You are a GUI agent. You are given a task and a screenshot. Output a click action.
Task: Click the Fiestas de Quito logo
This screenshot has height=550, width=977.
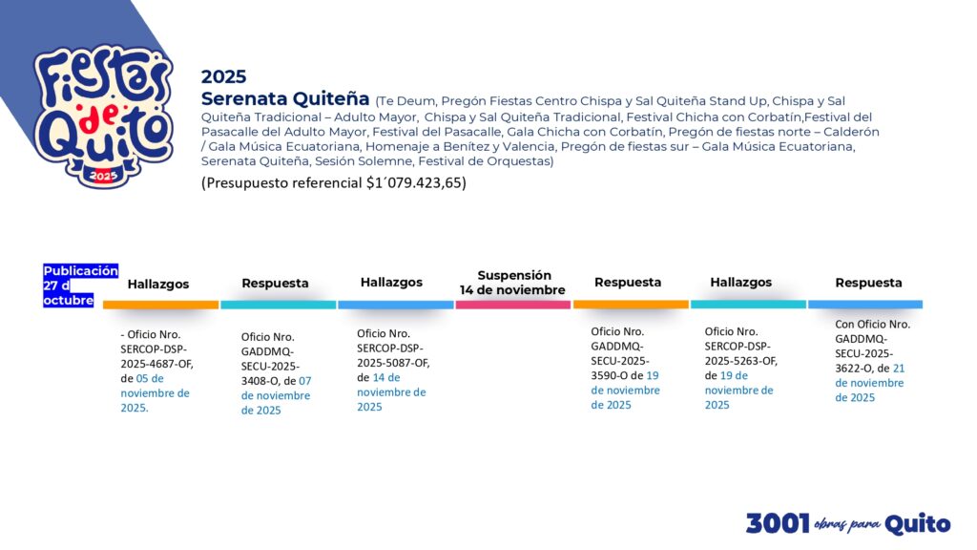(103, 116)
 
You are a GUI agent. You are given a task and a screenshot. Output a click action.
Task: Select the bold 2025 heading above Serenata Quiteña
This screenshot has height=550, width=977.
(223, 76)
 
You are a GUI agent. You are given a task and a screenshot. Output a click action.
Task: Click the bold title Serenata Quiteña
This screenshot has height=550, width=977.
(284, 98)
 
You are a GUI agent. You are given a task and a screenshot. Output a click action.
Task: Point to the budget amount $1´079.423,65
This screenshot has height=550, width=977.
(414, 182)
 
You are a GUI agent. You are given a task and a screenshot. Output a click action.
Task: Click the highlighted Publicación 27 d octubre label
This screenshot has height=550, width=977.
(80, 286)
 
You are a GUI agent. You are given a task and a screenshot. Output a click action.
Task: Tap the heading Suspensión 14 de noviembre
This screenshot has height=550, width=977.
(512, 283)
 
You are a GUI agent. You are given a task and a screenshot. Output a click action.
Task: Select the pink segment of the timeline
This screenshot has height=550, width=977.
(512, 305)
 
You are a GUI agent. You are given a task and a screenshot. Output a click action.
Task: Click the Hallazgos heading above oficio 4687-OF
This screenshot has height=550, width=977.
(158, 284)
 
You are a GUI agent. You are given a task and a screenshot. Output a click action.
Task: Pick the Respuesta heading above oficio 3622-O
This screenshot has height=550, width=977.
(868, 283)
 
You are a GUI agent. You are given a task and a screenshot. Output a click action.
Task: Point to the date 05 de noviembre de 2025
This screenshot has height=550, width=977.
(156, 392)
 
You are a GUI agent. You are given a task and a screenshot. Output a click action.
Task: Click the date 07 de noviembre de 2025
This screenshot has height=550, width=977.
(276, 395)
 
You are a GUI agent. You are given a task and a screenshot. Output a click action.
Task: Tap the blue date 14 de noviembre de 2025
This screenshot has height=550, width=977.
(391, 392)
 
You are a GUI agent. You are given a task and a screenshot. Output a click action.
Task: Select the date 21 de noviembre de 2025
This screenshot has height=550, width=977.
(870, 383)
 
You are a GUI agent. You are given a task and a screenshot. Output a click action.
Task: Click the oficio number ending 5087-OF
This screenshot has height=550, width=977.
(393, 355)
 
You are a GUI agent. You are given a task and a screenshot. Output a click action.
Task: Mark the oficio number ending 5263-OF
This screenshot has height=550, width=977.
(740, 353)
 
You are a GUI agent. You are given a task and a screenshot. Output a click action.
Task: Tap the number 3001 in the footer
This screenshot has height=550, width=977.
(778, 523)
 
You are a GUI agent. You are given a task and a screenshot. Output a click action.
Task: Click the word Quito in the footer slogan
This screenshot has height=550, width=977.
(917, 524)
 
